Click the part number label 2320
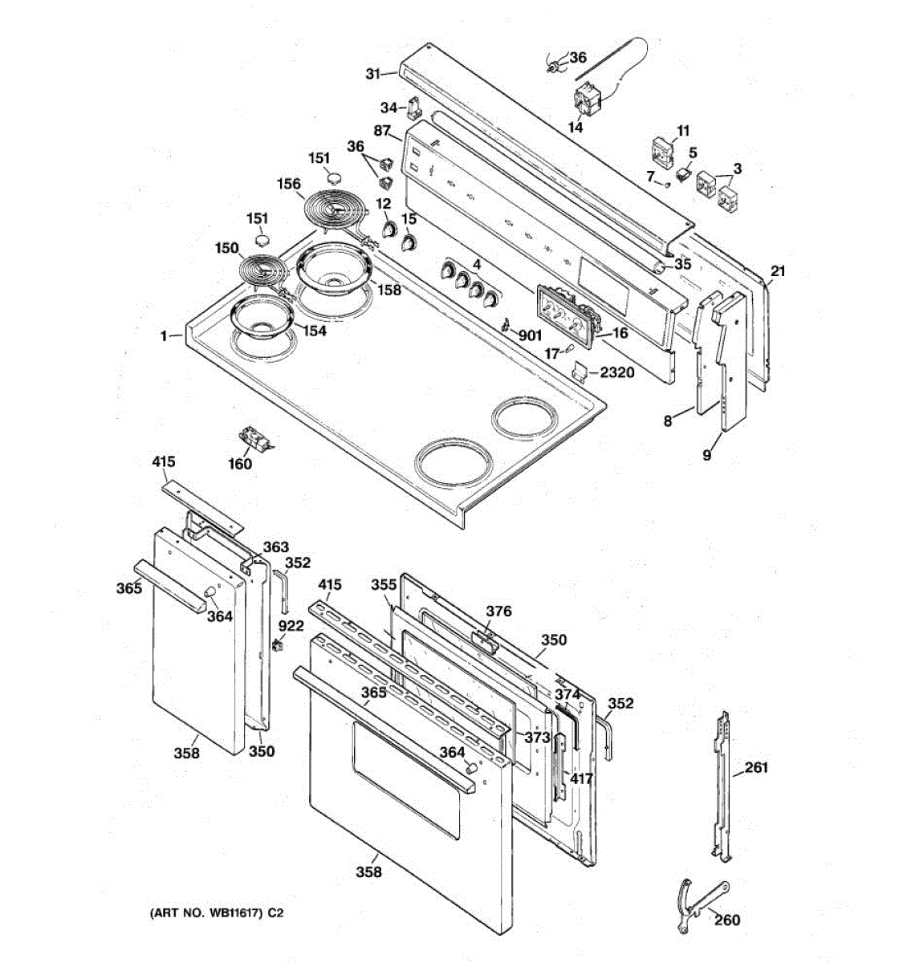pos(616,372)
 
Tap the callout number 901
pos(530,336)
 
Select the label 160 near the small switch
pos(240,464)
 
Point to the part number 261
pos(756,768)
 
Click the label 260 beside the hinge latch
pos(727,920)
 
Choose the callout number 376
pos(498,612)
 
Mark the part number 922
pos(291,625)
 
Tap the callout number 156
pos(289,184)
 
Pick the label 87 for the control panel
pos(382,131)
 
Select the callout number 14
pos(576,128)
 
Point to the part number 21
pos(779,270)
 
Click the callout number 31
pos(372,74)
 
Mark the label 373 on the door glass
pos(538,737)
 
